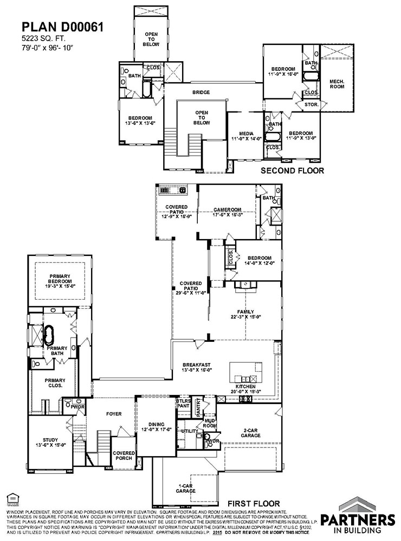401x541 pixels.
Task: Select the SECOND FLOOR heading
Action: pos(293,170)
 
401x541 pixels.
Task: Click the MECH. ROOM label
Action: pos(337,84)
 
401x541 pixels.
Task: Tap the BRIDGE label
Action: pos(201,93)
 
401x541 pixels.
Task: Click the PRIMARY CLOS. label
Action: pos(54,383)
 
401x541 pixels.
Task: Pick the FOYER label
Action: pos(114,414)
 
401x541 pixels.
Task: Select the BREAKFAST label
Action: pos(196,367)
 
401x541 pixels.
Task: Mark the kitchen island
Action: pos(246,372)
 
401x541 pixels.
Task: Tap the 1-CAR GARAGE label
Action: pos(185,489)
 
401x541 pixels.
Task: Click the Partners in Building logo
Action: pos(358,519)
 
